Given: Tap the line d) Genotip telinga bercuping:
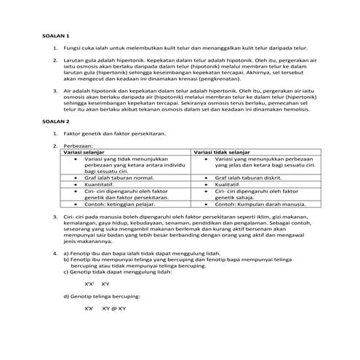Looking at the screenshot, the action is pyautogui.click(x=102, y=296).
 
